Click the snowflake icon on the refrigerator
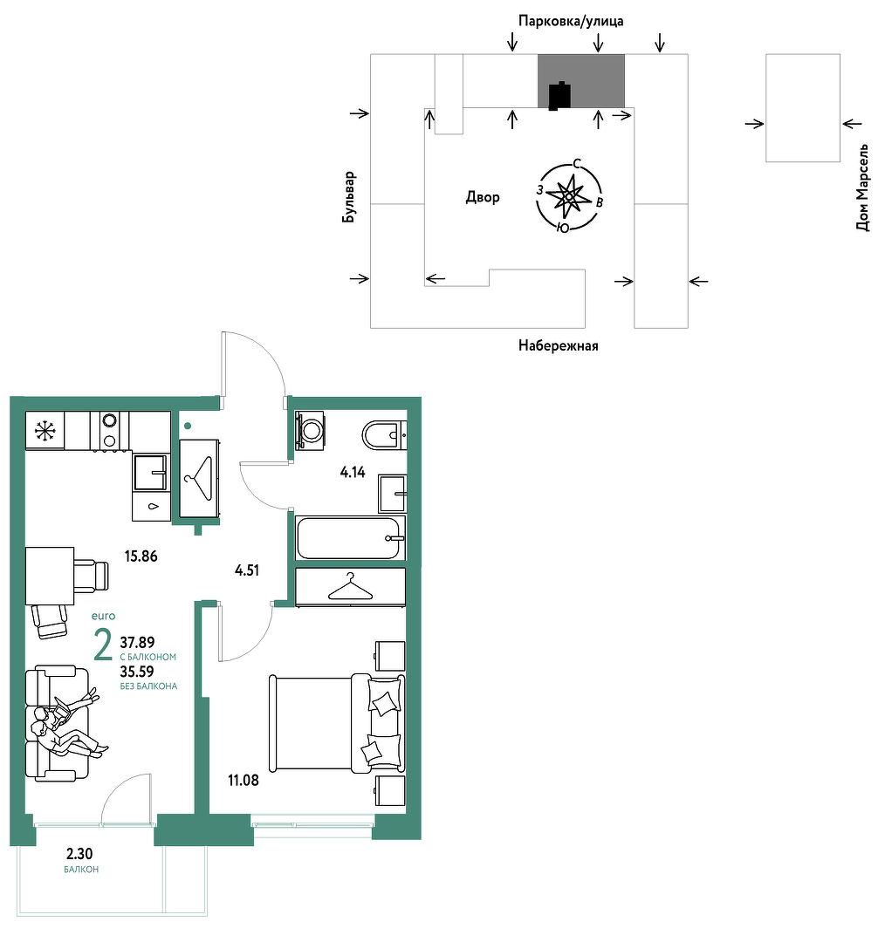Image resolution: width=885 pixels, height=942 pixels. tap(45, 430)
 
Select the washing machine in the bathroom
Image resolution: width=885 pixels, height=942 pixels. tap(310, 430)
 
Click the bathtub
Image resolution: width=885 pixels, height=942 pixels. tap(350, 537)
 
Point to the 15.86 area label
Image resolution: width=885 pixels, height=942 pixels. tap(141, 556)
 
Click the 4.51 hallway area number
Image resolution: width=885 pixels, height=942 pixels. tap(247, 570)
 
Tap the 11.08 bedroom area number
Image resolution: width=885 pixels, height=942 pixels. tap(244, 781)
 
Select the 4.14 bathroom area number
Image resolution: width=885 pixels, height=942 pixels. tap(353, 472)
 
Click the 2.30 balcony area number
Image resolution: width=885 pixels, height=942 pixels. tap(79, 854)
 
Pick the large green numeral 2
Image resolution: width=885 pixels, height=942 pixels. tap(103, 645)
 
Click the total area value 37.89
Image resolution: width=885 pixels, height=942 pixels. tap(137, 643)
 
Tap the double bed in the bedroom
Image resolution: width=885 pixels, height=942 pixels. tap(337, 723)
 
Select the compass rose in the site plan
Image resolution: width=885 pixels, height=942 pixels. tap(569, 196)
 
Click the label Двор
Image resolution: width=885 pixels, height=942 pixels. tap(483, 197)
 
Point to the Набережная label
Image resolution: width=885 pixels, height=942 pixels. tap(559, 345)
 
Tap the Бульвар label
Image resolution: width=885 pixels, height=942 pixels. tap(349, 197)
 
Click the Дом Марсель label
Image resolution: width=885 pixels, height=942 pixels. tap(863, 188)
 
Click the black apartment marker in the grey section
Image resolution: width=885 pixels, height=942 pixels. tap(559, 96)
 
